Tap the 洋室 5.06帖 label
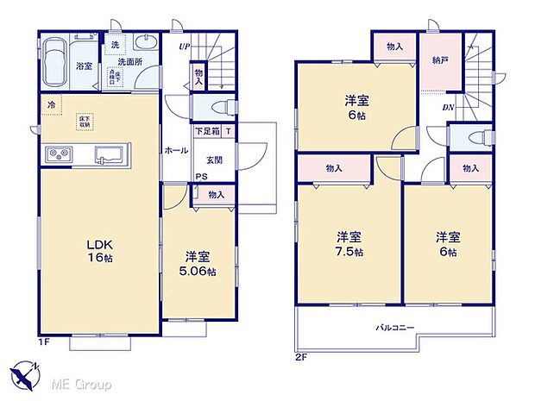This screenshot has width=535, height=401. tap(198, 264)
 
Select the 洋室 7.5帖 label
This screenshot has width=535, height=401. tap(349, 243)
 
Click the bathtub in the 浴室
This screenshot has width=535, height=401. tap(57, 63)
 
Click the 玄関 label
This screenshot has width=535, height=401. tap(215, 160)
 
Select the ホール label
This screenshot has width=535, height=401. tap(177, 150)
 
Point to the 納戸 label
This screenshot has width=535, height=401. tap(440, 60)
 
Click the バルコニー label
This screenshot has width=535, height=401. tap(394, 328)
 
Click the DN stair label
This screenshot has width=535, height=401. tap(448, 108)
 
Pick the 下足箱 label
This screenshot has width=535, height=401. tap(206, 132)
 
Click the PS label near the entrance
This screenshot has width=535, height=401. tap(199, 178)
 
